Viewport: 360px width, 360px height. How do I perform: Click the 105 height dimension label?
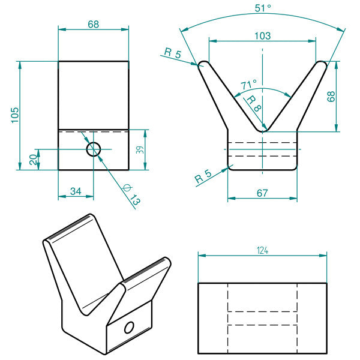click(15, 115)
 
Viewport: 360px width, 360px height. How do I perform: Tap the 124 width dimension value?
click(262, 250)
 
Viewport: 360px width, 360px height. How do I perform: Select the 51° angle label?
click(263, 8)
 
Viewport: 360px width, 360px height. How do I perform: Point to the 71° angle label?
click(248, 85)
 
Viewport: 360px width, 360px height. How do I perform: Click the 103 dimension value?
click(263, 36)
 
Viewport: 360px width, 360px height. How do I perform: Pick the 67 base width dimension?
click(262, 193)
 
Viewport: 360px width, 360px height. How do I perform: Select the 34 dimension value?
click(76, 191)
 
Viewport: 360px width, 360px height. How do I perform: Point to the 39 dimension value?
click(140, 149)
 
